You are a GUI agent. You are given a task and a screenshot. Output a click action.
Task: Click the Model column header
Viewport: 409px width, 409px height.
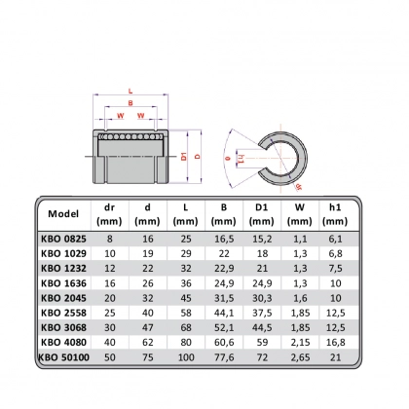point(63,213)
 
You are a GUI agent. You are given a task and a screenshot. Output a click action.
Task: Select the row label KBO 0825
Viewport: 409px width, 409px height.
point(63,239)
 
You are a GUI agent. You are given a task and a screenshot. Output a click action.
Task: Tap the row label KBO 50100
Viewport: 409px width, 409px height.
point(63,357)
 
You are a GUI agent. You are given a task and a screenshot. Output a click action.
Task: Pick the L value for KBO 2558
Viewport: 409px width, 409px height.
point(186,313)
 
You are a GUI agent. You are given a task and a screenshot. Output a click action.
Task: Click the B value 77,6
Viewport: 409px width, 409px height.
point(224,357)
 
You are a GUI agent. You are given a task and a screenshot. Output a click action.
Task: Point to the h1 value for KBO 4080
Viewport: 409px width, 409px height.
point(335,343)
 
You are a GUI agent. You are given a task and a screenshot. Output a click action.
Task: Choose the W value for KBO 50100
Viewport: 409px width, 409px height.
point(300,357)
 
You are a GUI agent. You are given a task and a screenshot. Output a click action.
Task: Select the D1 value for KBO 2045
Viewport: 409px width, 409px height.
point(262,298)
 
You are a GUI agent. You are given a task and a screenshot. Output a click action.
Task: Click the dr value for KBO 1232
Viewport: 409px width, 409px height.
point(110,269)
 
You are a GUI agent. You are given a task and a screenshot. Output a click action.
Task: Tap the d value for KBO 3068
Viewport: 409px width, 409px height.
point(148,328)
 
